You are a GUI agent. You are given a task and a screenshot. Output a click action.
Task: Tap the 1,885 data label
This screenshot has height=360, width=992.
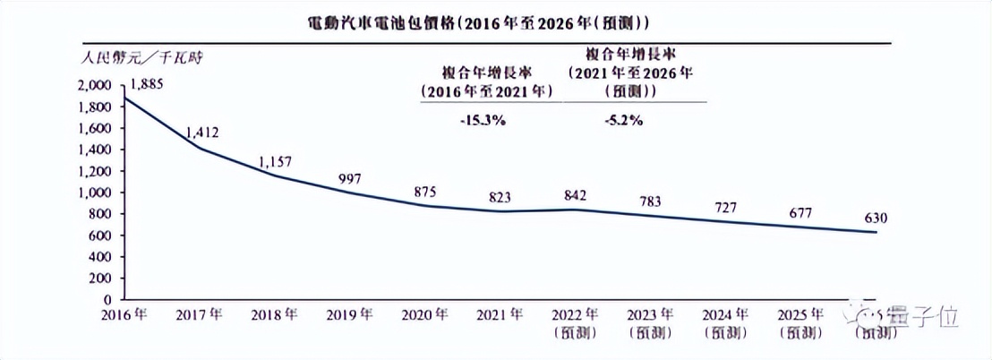click(150, 85)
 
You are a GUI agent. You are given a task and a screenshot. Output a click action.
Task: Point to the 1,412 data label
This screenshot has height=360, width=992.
click(203, 133)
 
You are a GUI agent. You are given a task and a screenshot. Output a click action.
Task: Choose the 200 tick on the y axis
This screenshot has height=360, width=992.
click(99, 278)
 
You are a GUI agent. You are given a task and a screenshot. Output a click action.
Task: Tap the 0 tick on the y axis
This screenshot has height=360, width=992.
click(107, 299)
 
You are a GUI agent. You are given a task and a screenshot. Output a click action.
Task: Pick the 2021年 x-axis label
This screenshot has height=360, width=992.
click(500, 316)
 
